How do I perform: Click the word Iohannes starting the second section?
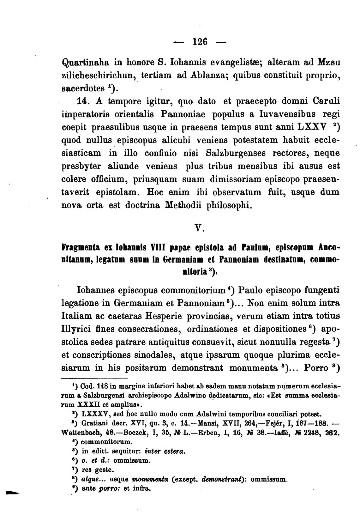click(95, 290)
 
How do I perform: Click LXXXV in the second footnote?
click(93, 414)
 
